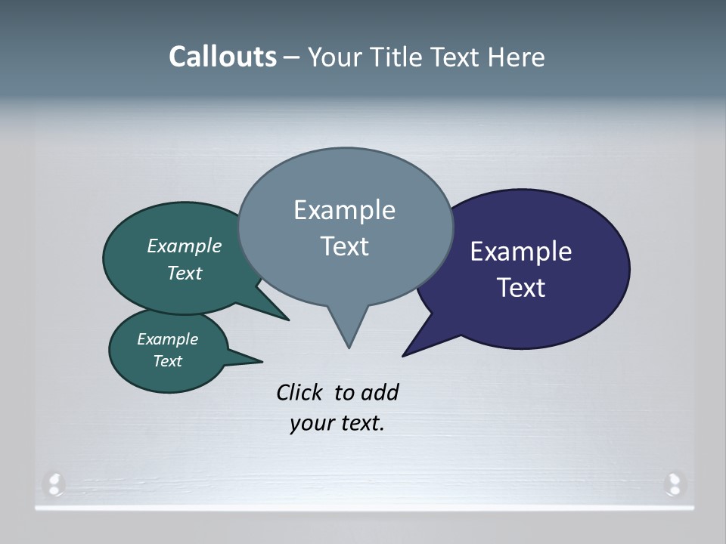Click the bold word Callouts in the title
point(222,57)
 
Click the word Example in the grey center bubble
point(344,210)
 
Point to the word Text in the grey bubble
point(344,246)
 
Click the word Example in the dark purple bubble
point(521,252)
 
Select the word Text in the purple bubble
point(521,288)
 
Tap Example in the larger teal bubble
point(185,246)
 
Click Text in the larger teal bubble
point(185,273)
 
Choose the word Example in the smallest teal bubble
point(167,339)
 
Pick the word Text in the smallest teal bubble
point(167,361)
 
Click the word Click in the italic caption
point(300,393)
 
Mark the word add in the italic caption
point(380,393)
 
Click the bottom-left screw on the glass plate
point(54,483)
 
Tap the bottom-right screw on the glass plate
point(673,483)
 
